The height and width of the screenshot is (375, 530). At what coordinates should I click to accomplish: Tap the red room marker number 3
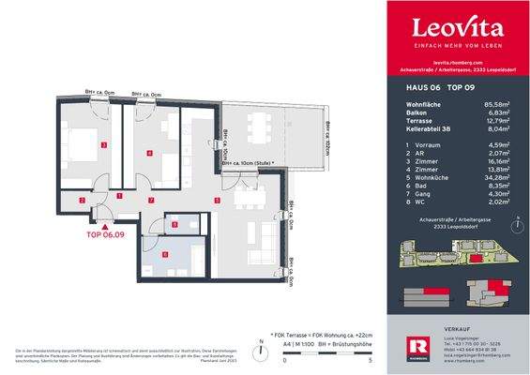tap(104, 143)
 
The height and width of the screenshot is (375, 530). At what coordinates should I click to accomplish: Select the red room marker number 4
tap(149, 152)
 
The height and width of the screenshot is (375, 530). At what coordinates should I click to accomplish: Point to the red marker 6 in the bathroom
tap(163, 254)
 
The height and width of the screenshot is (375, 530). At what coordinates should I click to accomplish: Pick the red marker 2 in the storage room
tap(83, 200)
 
